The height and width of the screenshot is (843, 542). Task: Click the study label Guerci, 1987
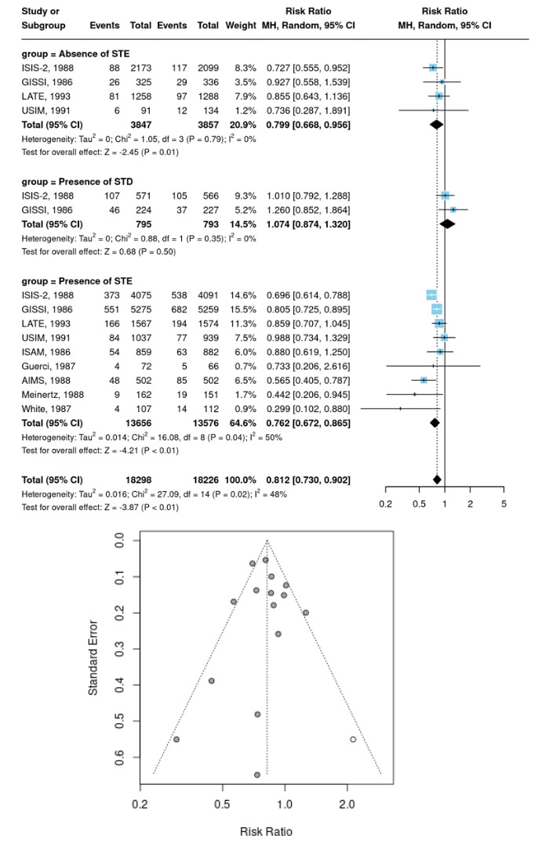[x=45, y=365]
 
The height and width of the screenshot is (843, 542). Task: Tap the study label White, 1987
[x=42, y=407]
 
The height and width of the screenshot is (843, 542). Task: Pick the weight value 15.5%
[x=242, y=309]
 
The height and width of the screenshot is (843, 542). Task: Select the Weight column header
[x=241, y=25]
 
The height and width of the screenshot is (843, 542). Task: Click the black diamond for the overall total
[x=437, y=479]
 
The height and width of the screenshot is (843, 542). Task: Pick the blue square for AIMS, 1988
[x=424, y=379]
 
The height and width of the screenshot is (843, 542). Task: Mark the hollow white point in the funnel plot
[x=353, y=739]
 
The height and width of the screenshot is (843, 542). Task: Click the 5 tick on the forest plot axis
[x=504, y=504]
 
